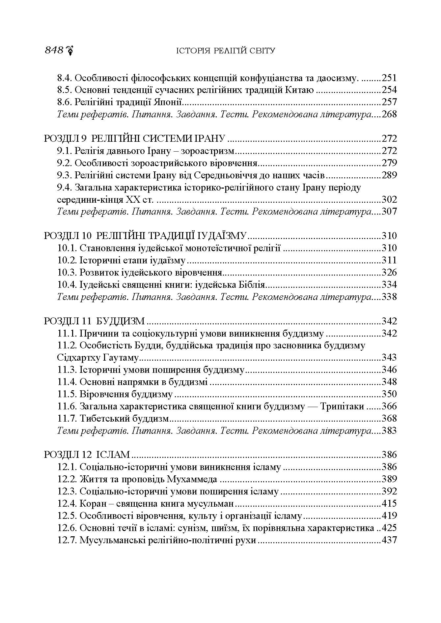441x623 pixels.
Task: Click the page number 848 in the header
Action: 54,50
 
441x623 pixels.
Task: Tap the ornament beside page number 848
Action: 69,50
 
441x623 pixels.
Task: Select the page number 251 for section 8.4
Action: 389,78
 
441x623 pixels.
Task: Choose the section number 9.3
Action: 65,175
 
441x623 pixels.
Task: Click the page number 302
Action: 389,199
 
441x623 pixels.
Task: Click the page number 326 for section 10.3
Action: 389,273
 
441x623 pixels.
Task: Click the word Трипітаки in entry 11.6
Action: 343,406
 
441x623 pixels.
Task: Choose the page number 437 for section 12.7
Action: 389,540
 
